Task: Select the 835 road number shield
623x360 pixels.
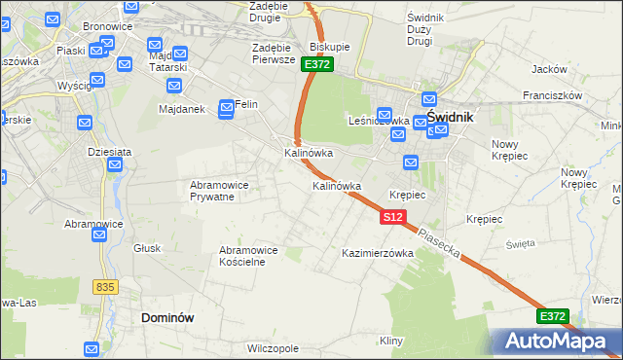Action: (106, 287)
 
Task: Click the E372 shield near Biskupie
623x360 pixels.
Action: (317, 64)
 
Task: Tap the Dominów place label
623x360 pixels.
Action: (168, 317)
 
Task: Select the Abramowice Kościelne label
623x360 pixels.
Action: (250, 256)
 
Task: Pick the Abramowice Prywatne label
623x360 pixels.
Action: (218, 191)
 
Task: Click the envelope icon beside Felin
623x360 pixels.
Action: (226, 106)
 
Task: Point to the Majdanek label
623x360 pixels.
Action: (181, 109)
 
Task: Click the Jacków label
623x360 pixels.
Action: (549, 69)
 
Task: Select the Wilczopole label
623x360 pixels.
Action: (272, 347)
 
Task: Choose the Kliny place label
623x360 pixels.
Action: (391, 341)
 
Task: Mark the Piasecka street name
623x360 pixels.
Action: (437, 243)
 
